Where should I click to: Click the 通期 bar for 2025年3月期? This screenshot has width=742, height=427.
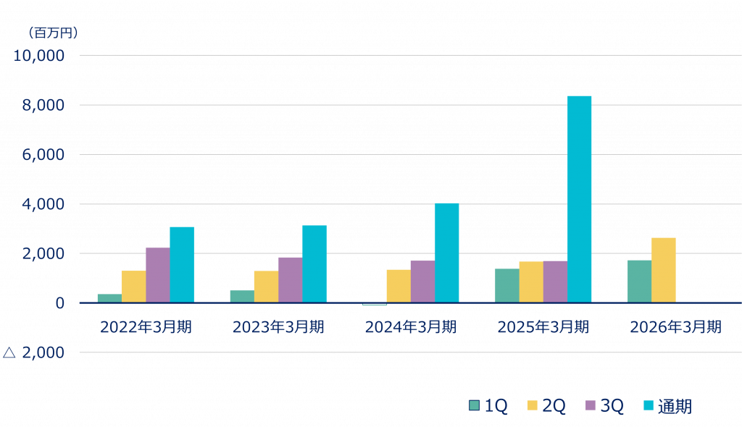[580, 199]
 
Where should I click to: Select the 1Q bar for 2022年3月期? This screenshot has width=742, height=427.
[109, 298]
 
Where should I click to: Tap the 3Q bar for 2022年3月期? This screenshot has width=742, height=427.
[157, 275]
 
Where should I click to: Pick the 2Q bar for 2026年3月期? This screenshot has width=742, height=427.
[664, 270]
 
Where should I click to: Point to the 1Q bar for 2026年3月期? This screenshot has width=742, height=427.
[639, 281]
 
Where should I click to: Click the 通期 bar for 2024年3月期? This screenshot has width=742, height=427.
[447, 253]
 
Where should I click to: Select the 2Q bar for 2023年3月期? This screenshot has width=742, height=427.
[266, 287]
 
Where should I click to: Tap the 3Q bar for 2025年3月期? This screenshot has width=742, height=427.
[555, 282]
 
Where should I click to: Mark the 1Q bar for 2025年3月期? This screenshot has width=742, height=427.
[507, 285]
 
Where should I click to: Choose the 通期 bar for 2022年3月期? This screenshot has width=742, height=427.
[182, 264]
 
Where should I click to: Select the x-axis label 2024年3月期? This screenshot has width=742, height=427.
[411, 327]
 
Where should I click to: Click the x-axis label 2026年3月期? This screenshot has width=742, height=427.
[675, 327]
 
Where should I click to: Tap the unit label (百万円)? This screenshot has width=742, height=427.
[52, 33]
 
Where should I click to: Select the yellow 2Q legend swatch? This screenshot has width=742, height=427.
[532, 406]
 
